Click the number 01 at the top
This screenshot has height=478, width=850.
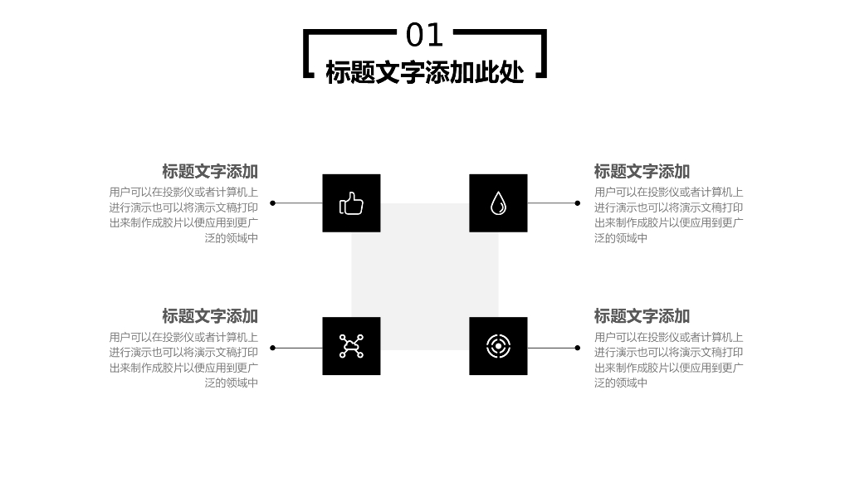pyautogui.click(x=425, y=36)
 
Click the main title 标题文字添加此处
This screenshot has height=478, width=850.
pyautogui.click(x=425, y=72)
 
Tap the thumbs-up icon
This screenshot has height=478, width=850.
pyautogui.click(x=351, y=203)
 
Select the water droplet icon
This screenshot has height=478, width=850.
pyautogui.click(x=498, y=203)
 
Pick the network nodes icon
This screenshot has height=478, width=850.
pyautogui.click(x=351, y=346)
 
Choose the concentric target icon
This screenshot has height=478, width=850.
pyautogui.click(x=498, y=346)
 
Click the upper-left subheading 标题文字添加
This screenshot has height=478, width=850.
pyautogui.click(x=210, y=172)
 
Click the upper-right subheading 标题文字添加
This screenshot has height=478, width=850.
pyautogui.click(x=642, y=172)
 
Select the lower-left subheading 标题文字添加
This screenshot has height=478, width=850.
pyautogui.click(x=210, y=316)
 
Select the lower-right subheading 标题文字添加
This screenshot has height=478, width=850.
pyautogui.click(x=642, y=316)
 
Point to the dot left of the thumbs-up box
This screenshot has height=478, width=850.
pyautogui.click(x=273, y=203)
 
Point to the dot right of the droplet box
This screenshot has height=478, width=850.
pyautogui.click(x=577, y=203)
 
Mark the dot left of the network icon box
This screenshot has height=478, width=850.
pyautogui.click(x=273, y=348)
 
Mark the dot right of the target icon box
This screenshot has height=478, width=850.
pyautogui.click(x=577, y=348)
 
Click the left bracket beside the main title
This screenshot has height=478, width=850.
pyautogui.click(x=306, y=54)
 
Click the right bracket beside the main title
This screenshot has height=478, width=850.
pyautogui.click(x=545, y=54)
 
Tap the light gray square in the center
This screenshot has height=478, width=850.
pyautogui.click(x=425, y=275)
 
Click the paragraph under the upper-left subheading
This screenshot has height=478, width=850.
pyautogui.click(x=184, y=215)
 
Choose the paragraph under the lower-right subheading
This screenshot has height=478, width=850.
pyautogui.click(x=668, y=360)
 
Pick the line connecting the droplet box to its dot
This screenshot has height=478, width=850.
pyautogui.click(x=551, y=203)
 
